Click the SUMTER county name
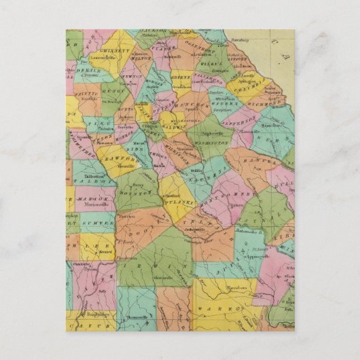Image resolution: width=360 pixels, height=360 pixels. [96, 223]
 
